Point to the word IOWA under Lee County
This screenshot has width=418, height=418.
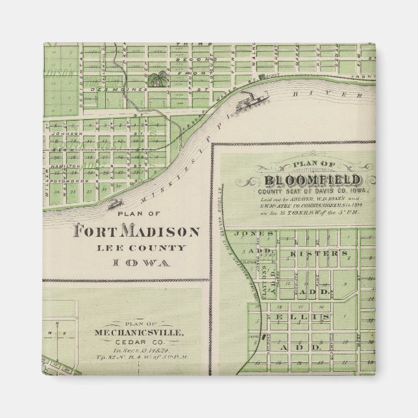point(136,263)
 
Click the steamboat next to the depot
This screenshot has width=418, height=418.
point(248,101)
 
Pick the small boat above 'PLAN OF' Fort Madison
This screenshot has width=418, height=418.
point(117,203)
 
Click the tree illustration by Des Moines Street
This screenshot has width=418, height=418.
point(156,81)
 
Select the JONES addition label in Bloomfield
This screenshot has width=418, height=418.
point(250,233)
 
